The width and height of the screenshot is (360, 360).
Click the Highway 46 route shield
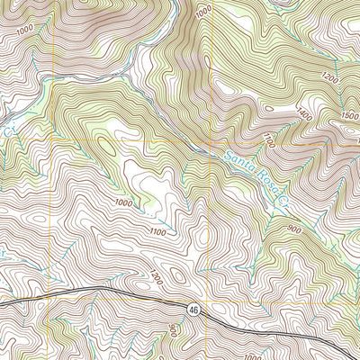click(193, 309)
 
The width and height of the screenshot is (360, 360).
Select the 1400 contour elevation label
click(303, 114)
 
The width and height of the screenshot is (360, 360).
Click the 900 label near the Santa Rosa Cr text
click(293, 229)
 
